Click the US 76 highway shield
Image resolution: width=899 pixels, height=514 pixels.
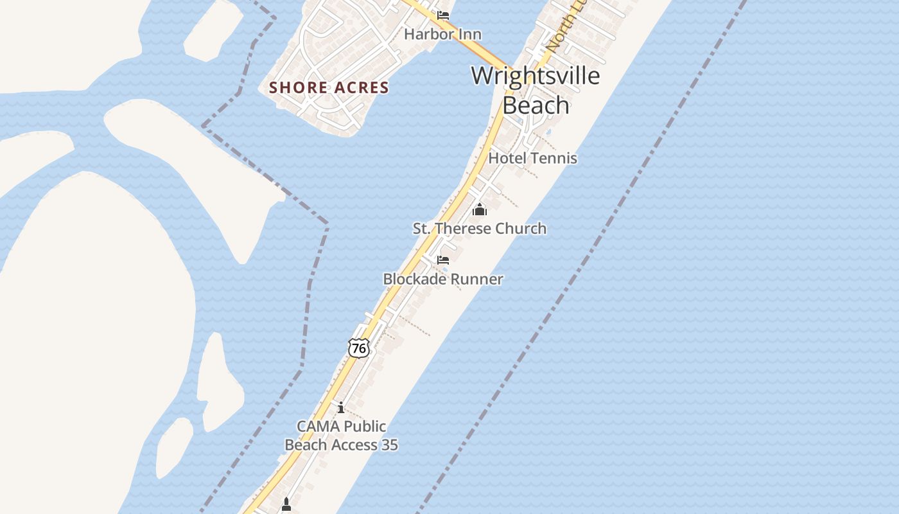point(360,348)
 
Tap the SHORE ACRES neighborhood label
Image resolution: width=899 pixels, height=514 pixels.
point(329,87)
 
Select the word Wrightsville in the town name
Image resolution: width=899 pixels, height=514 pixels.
point(536,76)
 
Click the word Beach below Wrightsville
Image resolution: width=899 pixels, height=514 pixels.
point(536,105)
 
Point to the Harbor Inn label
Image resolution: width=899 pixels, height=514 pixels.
point(442,34)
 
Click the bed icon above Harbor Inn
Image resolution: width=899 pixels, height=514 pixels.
point(443,15)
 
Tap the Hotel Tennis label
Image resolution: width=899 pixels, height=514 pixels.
point(533,158)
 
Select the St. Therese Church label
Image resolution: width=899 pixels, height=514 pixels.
point(479,228)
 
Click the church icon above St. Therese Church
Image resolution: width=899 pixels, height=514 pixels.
point(479,209)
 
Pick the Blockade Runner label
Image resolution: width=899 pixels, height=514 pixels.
point(443,279)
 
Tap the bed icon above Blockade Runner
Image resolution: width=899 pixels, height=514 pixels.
point(443,260)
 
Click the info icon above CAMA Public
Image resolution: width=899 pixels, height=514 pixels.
point(341,407)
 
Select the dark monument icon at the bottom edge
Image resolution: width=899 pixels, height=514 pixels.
point(286,505)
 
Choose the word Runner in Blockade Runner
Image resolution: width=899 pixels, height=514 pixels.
point(477,279)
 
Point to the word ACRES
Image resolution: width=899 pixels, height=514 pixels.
point(363,87)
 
